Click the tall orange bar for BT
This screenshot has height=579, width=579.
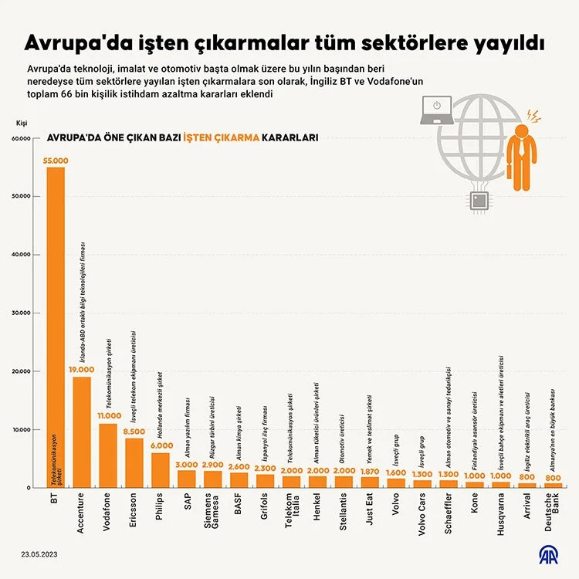point(56,324)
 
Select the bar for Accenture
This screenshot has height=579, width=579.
point(82,432)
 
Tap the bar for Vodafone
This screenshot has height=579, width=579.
point(108,455)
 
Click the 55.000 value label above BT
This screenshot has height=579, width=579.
point(56,161)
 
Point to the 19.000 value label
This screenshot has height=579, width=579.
point(82,370)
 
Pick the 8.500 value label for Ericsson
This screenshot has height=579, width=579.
point(134,432)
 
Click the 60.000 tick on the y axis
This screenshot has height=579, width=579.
point(20,139)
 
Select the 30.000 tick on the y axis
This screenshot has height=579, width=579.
point(20,313)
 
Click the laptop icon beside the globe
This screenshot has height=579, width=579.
point(437,109)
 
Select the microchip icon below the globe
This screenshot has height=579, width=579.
point(481,199)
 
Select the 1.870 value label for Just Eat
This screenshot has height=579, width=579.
point(371,470)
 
